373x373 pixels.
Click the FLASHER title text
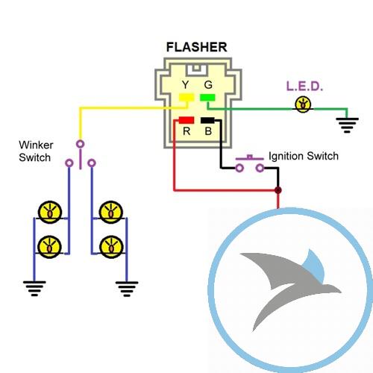[196, 47]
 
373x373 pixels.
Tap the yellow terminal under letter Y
[186, 97]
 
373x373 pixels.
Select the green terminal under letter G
[207, 97]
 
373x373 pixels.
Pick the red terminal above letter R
[186, 120]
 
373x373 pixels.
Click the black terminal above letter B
[207, 120]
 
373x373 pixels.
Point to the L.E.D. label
[304, 87]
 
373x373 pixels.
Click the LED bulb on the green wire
[303, 104]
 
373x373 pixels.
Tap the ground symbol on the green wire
[347, 125]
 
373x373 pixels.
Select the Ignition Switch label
[304, 156]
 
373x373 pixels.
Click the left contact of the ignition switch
[239, 168]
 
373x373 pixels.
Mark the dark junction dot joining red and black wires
[278, 190]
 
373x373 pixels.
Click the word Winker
[36, 145]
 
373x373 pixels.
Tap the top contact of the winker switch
[80, 144]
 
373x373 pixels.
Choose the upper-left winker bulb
[50, 213]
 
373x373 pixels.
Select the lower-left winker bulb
[50, 247]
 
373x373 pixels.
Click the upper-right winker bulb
[111, 213]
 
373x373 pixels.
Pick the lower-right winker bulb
[111, 247]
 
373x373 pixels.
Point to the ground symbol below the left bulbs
[34, 289]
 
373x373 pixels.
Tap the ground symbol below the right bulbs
[127, 289]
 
